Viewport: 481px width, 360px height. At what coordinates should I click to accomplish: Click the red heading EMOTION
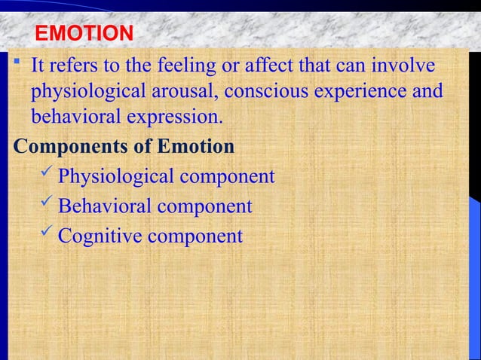click(84, 34)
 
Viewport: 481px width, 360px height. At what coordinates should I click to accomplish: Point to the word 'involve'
click(400, 67)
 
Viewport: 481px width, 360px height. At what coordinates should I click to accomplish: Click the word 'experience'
click(362, 93)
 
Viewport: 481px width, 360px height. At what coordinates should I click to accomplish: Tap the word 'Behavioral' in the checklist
click(106, 206)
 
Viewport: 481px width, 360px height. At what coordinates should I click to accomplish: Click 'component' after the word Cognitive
click(196, 236)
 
